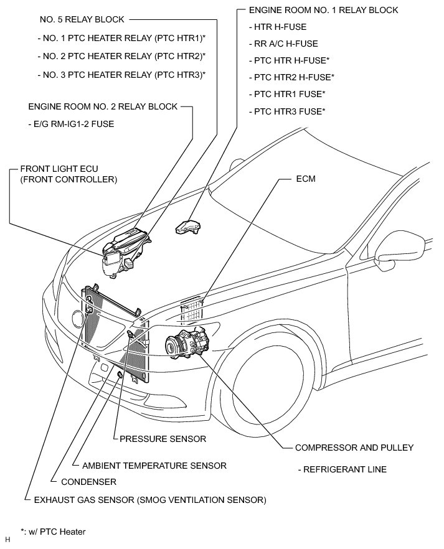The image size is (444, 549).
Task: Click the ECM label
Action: coord(306,179)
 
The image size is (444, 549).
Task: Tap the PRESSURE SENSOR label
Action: coord(163,439)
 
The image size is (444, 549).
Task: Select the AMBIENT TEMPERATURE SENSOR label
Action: coord(150,465)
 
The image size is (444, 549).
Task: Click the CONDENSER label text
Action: coord(88,482)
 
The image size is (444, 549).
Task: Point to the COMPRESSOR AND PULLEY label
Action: coord(354,448)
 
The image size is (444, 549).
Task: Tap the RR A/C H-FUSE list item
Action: coord(283,44)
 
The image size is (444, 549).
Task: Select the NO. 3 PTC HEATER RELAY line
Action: coord(121,75)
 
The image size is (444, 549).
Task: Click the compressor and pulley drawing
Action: coord(190,343)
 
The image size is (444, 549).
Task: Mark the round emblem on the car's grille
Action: coord(78,319)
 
